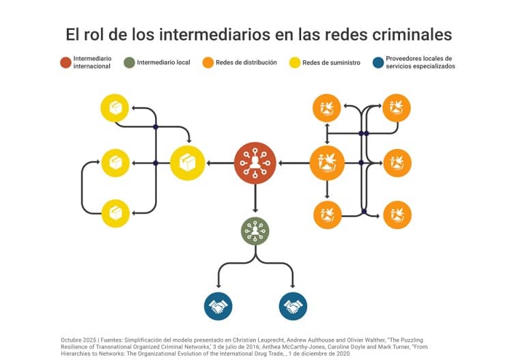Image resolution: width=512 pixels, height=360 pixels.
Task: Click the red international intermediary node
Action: tap(255, 163)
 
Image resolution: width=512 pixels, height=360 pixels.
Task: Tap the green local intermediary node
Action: tap(255, 231)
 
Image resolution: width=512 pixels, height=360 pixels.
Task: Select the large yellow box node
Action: tap(187, 163)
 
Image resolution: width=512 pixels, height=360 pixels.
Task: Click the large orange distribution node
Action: tap(327, 163)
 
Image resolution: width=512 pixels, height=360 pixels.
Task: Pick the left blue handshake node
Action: tap(218, 306)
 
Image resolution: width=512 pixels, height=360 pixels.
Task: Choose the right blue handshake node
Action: tap(293, 306)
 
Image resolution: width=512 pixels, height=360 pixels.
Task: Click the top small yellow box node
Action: tap(115, 108)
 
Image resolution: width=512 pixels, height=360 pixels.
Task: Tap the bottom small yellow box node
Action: tap(115, 213)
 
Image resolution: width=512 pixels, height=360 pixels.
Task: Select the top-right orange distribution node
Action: tap(397, 107)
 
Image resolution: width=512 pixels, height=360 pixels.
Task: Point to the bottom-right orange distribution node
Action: tap(397, 214)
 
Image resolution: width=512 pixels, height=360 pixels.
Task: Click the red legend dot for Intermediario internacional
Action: tap(66, 63)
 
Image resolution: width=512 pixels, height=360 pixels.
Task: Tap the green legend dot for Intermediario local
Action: tap(127, 63)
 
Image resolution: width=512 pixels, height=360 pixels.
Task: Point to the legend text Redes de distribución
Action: tap(246, 63)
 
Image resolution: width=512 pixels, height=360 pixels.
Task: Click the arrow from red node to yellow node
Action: tap(219, 163)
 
